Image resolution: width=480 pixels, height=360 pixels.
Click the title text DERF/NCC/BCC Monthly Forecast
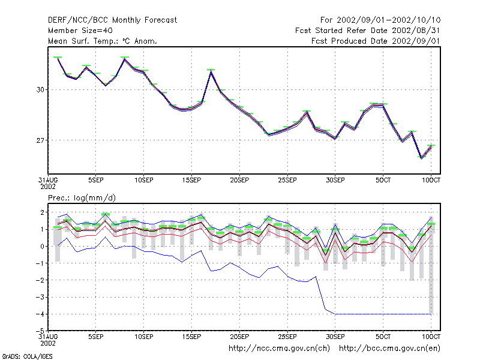(112, 20)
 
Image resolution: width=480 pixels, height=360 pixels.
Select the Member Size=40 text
(80, 31)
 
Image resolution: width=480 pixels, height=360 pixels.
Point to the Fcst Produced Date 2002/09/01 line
(376, 41)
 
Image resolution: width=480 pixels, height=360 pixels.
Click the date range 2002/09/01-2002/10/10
(388, 20)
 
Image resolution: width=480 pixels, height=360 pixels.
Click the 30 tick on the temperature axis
(40, 89)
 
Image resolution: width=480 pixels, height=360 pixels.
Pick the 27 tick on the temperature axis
(40, 140)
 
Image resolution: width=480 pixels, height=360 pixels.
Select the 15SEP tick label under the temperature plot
(191, 181)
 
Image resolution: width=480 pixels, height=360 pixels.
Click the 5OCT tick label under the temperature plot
(383, 181)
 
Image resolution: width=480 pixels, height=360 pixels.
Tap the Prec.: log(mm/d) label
(82, 198)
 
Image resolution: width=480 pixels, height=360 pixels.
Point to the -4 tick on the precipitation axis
(40, 314)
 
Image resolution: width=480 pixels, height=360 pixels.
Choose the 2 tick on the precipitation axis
(42, 212)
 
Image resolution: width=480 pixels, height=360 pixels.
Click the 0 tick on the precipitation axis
(42, 247)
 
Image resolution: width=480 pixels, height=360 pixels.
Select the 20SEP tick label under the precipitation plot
(239, 337)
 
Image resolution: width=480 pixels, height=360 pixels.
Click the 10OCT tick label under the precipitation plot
(431, 337)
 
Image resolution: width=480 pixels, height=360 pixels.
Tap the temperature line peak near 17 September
(211, 71)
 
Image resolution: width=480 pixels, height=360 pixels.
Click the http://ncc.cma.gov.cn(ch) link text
(279, 349)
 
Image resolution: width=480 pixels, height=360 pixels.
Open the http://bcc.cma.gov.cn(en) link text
(389, 349)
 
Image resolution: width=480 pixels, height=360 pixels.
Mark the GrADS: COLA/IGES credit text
(27, 356)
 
